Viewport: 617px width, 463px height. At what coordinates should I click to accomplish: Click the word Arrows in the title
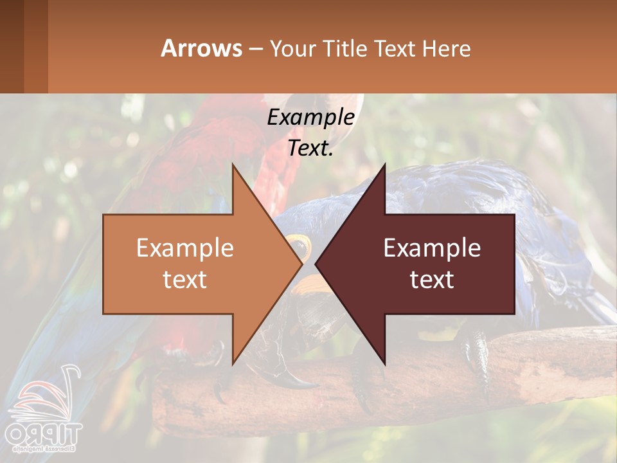[x=201, y=48]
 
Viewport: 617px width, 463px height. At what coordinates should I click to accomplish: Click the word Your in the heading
[x=291, y=48]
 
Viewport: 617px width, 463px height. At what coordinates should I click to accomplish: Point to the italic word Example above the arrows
[x=310, y=118]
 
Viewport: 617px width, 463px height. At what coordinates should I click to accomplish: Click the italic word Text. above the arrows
[x=310, y=149]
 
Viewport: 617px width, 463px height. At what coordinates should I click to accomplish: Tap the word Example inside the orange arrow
[x=185, y=248]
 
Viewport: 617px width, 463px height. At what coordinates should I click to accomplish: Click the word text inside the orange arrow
[x=185, y=280]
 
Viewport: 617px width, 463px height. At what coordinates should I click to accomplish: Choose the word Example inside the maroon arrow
[x=432, y=248]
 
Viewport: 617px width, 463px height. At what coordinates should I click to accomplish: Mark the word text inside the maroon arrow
[x=432, y=280]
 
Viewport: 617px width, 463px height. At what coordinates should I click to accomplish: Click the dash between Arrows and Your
[x=255, y=50]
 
